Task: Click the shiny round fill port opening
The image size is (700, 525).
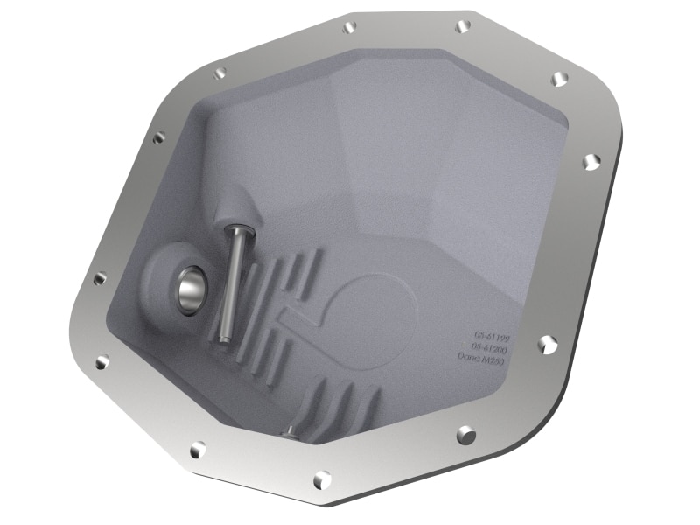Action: (x=191, y=290)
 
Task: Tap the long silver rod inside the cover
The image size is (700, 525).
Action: (x=233, y=280)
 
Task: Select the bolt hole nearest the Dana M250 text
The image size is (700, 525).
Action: (x=547, y=344)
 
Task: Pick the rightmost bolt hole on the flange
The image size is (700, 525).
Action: (x=591, y=161)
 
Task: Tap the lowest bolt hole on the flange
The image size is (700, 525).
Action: (x=322, y=479)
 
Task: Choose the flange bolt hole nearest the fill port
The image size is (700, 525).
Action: (x=99, y=278)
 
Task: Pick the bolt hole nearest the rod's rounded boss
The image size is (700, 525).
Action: (x=158, y=137)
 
